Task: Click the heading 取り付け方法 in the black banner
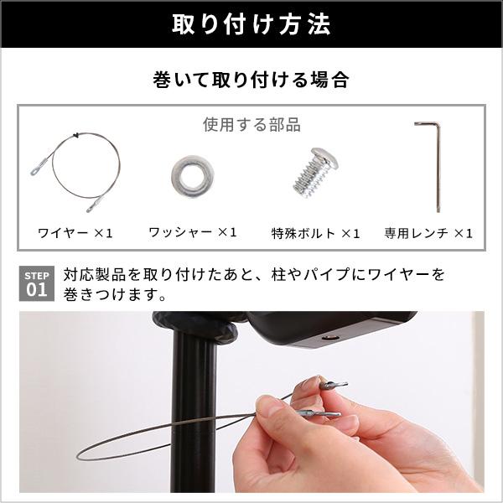click(x=251, y=23)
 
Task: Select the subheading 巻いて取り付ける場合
click(x=251, y=81)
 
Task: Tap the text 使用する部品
click(x=251, y=125)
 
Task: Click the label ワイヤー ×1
click(x=75, y=232)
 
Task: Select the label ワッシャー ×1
click(x=193, y=232)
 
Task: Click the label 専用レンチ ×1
click(x=428, y=232)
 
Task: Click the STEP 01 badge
click(x=36, y=284)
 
